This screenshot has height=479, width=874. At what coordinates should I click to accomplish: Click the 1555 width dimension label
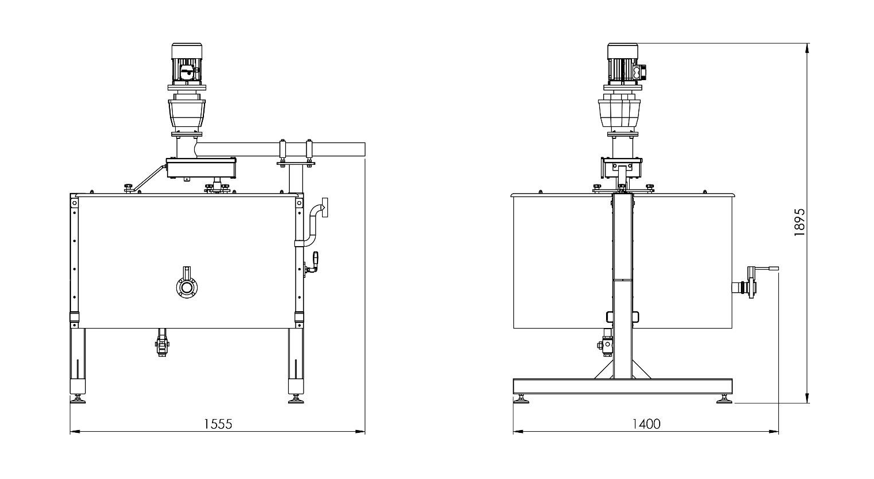coord(218,424)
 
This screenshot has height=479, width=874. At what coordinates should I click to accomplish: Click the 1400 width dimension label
coord(646,424)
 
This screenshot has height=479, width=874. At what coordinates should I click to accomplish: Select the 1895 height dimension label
coord(799,222)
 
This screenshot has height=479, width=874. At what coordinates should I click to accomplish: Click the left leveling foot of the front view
coord(78,399)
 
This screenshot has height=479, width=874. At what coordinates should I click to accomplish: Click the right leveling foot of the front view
coord(296,399)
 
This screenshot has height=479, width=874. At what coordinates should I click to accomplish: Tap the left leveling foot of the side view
coord(522,399)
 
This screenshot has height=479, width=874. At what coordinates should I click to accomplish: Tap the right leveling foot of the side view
coord(724,399)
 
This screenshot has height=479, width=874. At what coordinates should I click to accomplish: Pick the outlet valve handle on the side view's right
coord(763,269)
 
